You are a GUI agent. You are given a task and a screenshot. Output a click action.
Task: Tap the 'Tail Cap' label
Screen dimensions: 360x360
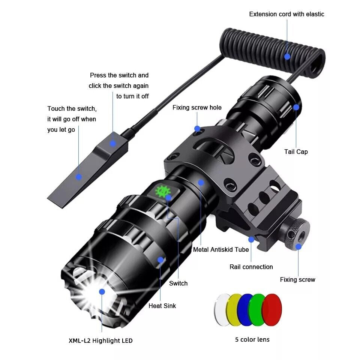(296, 151)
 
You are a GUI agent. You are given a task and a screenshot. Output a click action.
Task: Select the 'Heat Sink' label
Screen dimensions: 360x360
(162, 306)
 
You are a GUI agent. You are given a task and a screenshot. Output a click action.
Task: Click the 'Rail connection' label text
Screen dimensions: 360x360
(251, 267)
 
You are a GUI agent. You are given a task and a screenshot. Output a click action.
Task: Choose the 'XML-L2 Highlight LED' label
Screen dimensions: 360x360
(100, 340)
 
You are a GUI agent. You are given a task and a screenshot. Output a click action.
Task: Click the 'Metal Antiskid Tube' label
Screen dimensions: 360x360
(221, 249)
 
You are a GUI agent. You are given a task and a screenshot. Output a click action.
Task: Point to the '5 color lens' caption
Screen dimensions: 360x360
(252, 339)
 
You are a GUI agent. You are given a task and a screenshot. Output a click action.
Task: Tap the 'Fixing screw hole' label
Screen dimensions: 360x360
(197, 108)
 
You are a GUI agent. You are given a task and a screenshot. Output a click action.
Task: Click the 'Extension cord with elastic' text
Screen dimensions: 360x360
(286, 14)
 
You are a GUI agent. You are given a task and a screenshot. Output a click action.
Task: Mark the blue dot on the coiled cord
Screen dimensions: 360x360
(287, 57)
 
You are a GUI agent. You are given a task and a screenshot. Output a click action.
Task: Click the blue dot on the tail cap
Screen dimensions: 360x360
(296, 107)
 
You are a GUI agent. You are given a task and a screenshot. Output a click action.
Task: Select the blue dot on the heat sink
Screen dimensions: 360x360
(160, 259)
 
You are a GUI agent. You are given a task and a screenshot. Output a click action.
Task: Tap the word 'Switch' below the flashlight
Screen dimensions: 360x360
(178, 283)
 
